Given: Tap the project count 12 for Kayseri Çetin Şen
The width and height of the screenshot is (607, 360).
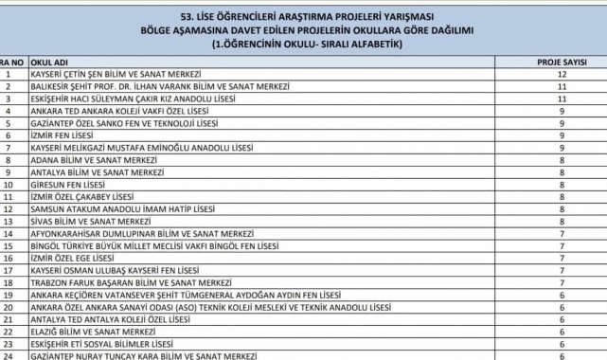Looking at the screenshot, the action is pos(562,72).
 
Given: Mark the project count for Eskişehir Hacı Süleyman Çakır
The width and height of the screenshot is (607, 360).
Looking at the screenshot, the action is pos(562,97).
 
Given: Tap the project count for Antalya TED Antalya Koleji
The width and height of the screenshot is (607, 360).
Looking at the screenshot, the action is pos(562,319).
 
